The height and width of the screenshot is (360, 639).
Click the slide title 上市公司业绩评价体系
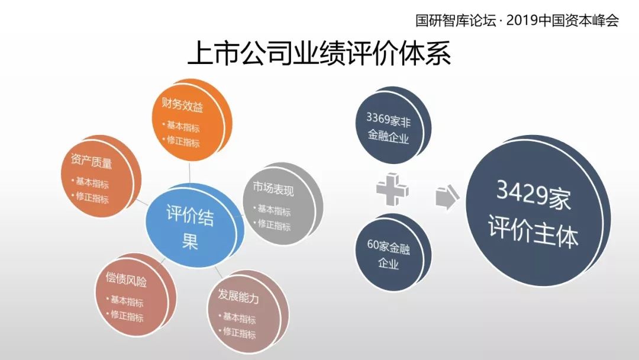[x=319, y=53]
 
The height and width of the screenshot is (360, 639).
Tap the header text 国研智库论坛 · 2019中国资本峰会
[x=517, y=20]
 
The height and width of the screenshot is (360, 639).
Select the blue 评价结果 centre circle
[x=192, y=226]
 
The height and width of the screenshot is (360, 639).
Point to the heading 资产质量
[x=91, y=160]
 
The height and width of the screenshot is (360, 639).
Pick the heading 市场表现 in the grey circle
[x=273, y=188]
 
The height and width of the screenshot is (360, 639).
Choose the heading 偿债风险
[x=126, y=279]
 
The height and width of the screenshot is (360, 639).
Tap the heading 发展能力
[x=238, y=295]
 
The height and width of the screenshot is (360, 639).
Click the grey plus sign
[x=392, y=189]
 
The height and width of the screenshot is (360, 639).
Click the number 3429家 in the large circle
[x=533, y=195]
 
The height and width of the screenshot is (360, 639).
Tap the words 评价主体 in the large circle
[x=533, y=231]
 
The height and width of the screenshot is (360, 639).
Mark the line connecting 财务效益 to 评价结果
[x=189, y=173]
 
